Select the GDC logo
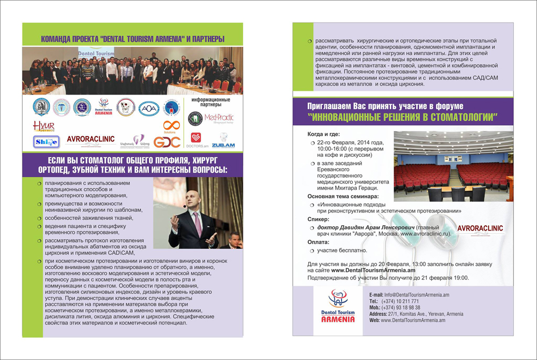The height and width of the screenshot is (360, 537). click(166, 142)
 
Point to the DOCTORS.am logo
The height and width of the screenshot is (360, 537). click(196, 140)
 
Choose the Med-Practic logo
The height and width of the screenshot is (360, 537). click(220, 118)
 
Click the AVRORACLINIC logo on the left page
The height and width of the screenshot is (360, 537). click(90, 139)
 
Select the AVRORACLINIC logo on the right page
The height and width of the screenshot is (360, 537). click(480, 228)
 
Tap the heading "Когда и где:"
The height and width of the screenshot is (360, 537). click(324, 134)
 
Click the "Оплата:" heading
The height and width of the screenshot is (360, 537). click(320, 242)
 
